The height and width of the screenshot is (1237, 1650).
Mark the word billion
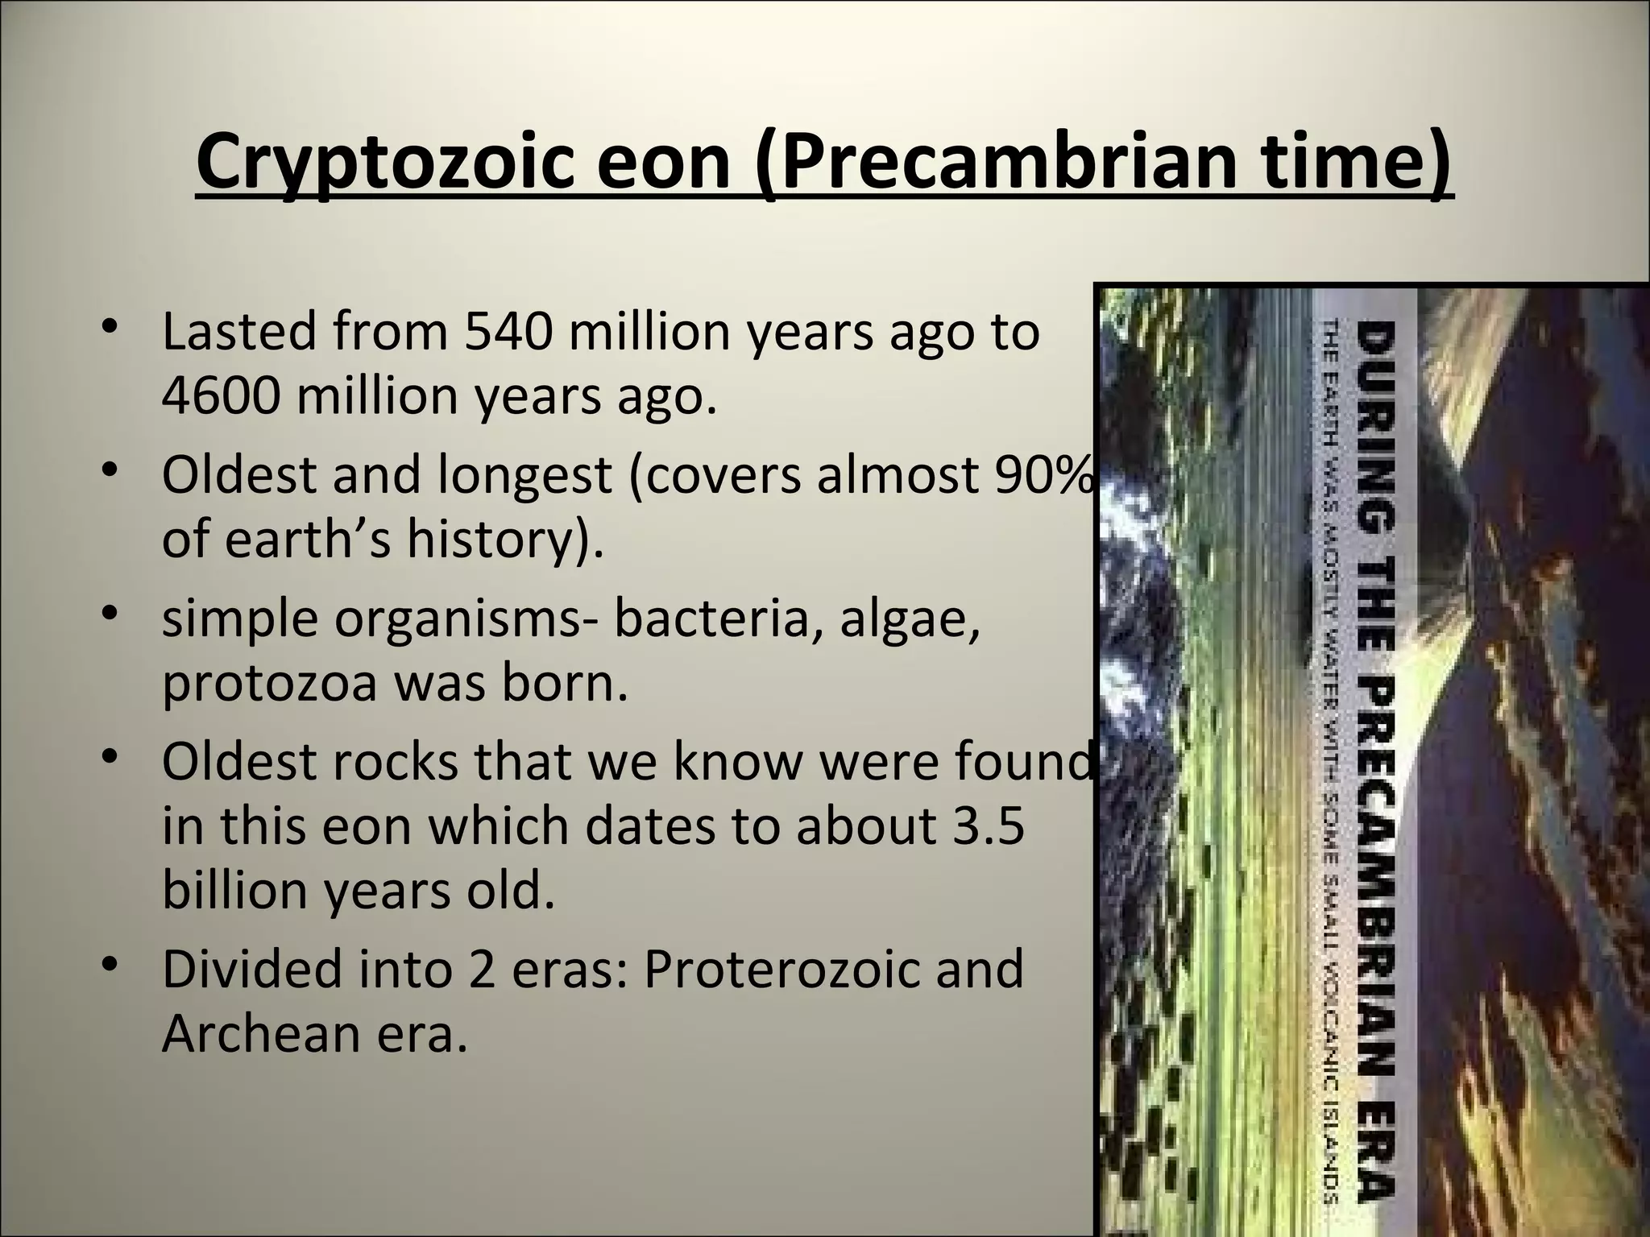(x=233, y=890)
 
